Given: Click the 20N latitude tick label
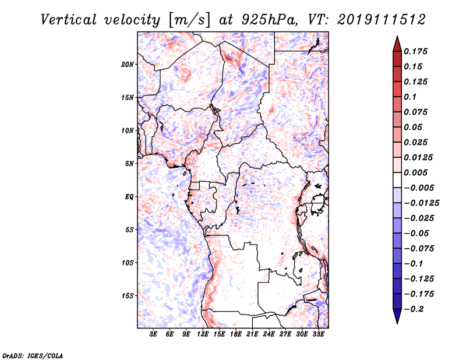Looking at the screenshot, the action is [128, 64].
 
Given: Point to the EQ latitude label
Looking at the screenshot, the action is [129, 197].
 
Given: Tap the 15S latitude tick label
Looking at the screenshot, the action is [128, 296].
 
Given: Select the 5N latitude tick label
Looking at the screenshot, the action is [129, 164].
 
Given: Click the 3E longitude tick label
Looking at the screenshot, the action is [153, 334].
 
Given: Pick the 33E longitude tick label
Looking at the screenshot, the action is [318, 334].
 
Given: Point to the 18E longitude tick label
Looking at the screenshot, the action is [236, 334].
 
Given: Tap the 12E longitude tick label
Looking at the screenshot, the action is [203, 334].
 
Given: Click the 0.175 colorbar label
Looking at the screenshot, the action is [415, 51].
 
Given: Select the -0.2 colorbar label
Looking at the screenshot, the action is [414, 309].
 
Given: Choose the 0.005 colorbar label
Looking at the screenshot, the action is [415, 172].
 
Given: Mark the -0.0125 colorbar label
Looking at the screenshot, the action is [422, 203].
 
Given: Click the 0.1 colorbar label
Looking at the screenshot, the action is [410, 97].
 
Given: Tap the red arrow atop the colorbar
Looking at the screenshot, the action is [397, 44].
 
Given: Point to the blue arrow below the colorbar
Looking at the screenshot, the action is [397, 316].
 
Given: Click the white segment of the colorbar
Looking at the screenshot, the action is [397, 180].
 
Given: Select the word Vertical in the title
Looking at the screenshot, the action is [69, 20].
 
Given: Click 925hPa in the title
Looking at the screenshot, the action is [269, 20].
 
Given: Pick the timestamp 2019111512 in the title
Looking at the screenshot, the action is [382, 20].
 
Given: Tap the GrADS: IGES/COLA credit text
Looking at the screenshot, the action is [33, 355].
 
